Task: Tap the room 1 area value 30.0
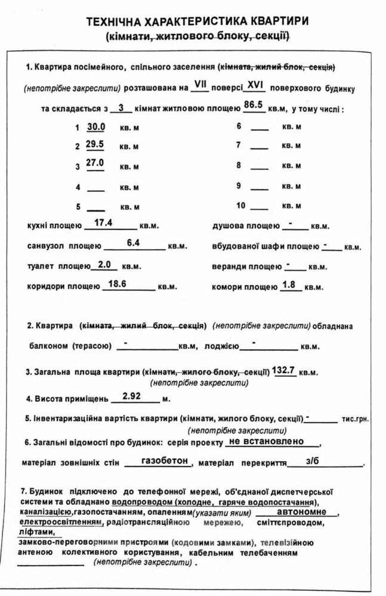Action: [95, 126]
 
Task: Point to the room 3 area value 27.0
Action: [95, 163]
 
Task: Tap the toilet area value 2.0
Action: [104, 265]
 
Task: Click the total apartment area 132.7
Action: [284, 370]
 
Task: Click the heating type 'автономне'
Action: [301, 512]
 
